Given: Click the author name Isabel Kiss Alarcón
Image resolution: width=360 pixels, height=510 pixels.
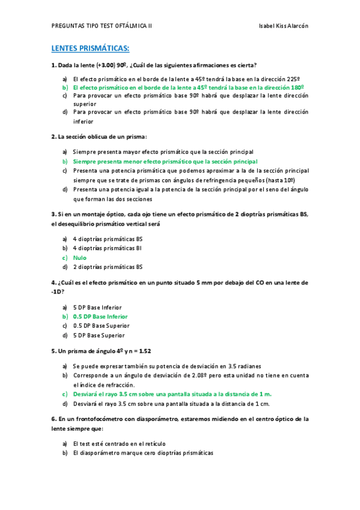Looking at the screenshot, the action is [283, 26].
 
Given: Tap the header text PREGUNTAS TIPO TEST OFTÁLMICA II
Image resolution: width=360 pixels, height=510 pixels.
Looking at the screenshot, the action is [102, 26].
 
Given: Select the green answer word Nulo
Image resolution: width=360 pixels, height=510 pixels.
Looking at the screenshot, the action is [80, 257].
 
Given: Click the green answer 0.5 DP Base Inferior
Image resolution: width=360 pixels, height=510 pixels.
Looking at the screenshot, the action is [100, 316].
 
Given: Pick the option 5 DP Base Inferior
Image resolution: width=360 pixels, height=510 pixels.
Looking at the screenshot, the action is [97, 307].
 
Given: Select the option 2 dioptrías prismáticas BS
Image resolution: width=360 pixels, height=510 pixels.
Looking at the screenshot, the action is [108, 266].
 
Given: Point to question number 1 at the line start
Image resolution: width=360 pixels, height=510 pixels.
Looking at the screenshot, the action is [53, 65].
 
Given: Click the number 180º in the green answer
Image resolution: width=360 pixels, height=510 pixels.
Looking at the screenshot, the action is [299, 87].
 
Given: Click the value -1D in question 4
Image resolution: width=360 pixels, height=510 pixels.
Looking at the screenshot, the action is [58, 292].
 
